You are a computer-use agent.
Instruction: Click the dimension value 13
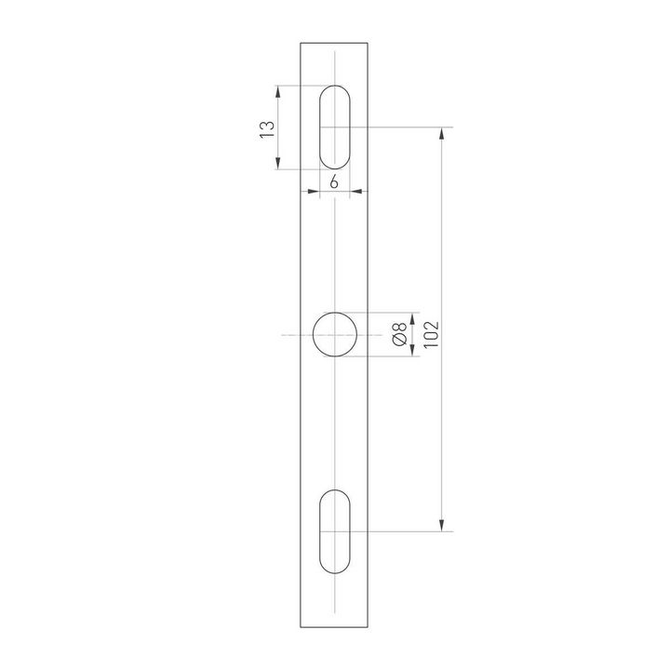(267, 128)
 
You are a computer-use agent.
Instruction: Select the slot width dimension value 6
(335, 181)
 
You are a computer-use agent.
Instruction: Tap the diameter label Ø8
(398, 335)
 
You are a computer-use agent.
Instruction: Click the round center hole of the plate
(335, 335)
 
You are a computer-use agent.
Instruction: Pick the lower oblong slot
(335, 532)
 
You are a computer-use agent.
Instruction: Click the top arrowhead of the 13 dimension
(279, 91)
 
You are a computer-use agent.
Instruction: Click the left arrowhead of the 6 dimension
(314, 193)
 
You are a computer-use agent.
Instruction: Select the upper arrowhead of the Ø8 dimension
(411, 318)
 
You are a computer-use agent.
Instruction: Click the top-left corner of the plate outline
(301, 43)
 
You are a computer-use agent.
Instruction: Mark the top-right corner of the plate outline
(369, 43)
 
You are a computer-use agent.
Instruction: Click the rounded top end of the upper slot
(335, 88)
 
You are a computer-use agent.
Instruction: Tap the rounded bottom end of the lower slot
(335, 571)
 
